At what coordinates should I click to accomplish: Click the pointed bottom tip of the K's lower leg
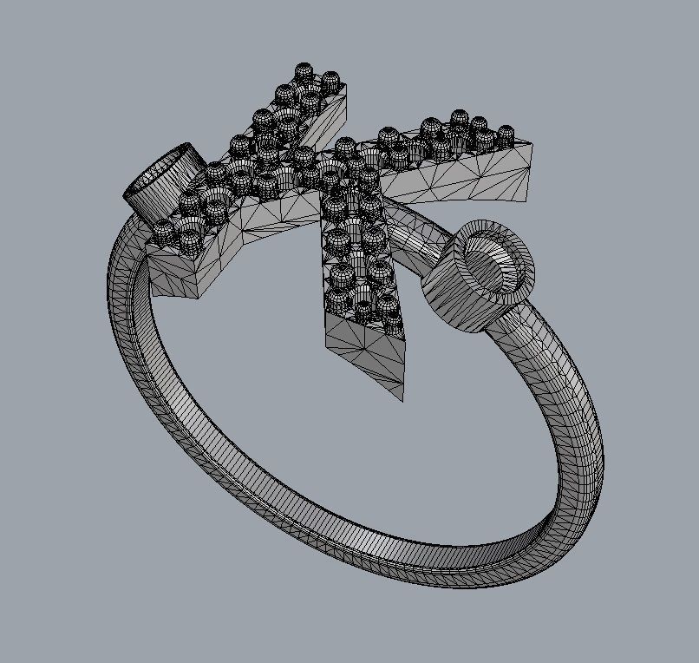(403, 398)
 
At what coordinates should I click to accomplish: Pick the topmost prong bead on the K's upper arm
(304, 71)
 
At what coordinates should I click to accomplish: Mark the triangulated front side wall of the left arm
(260, 226)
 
